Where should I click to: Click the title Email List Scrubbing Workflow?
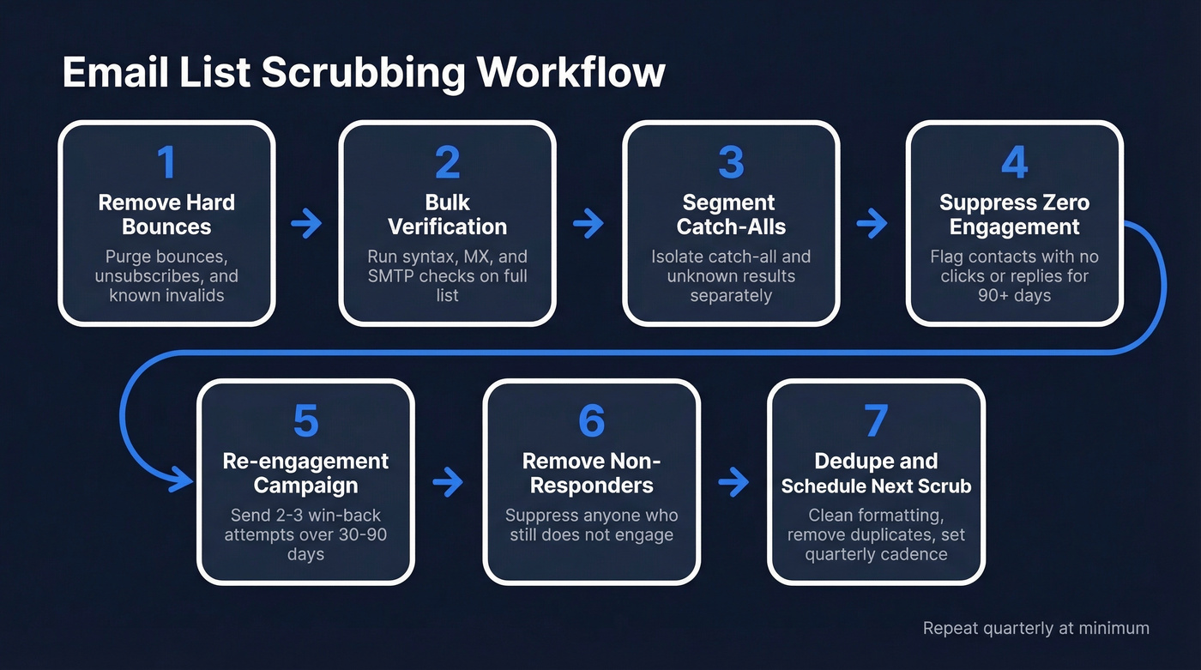pyautogui.click(x=364, y=73)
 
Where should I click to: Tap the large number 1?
pyautogui.click(x=166, y=162)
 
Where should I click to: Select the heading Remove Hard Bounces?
pyautogui.click(x=166, y=214)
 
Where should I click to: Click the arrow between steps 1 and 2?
pyautogui.click(x=306, y=225)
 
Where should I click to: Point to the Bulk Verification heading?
pyautogui.click(x=447, y=214)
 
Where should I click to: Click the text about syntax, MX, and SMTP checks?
pyautogui.click(x=447, y=275)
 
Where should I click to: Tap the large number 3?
pyautogui.click(x=730, y=162)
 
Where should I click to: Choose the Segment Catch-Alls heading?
pyautogui.click(x=730, y=214)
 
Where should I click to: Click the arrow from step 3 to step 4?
pyautogui.click(x=872, y=225)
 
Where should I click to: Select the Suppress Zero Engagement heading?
pyautogui.click(x=1014, y=214)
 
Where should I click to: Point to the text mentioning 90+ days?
pyautogui.click(x=1014, y=275)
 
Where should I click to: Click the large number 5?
pyautogui.click(x=305, y=421)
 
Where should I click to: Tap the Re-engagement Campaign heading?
pyautogui.click(x=305, y=473)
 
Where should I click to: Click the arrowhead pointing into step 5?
pyautogui.click(x=183, y=480)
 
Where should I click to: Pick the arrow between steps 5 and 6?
pyautogui.click(x=448, y=483)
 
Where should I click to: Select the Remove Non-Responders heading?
pyautogui.click(x=591, y=473)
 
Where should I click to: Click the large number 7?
pyautogui.click(x=876, y=421)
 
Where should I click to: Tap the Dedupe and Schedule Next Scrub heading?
pyautogui.click(x=876, y=473)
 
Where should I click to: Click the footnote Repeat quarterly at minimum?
pyautogui.click(x=1035, y=628)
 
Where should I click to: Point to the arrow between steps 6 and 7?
pyautogui.click(x=733, y=483)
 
